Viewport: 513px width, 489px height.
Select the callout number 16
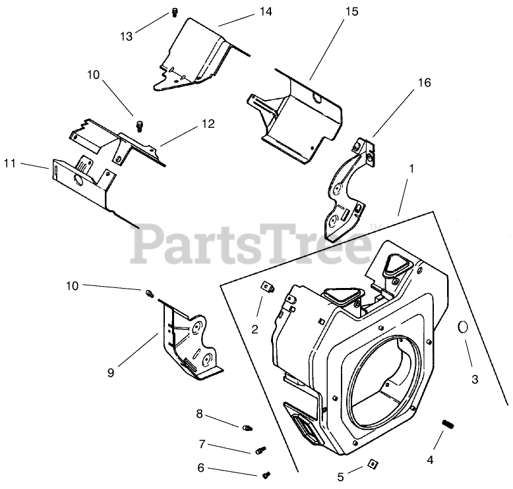423,82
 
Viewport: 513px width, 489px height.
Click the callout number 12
208,123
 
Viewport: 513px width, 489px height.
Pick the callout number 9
111,372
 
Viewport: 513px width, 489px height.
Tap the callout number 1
411,169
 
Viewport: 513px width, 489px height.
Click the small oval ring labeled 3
463,327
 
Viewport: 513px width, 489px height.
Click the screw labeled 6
268,473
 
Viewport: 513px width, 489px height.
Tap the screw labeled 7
260,451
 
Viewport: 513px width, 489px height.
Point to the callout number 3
474,380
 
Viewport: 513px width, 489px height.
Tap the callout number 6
200,468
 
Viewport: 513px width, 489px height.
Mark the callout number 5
340,476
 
